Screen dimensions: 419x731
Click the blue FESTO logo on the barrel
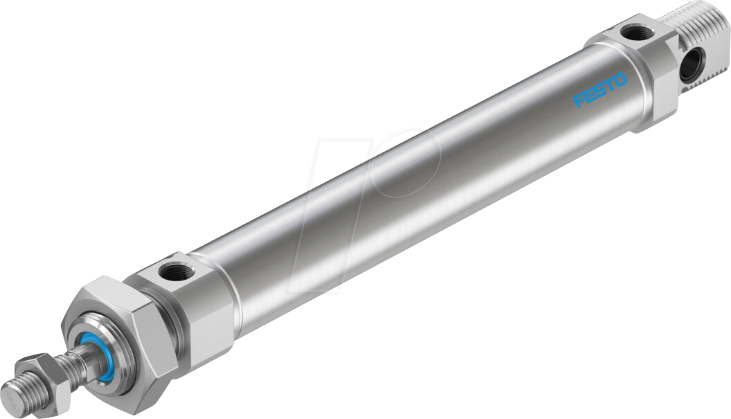click(x=600, y=90)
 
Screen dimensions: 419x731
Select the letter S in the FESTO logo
click(x=600, y=91)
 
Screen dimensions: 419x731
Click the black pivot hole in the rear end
click(x=689, y=67)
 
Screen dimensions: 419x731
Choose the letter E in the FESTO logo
click(x=590, y=96)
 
